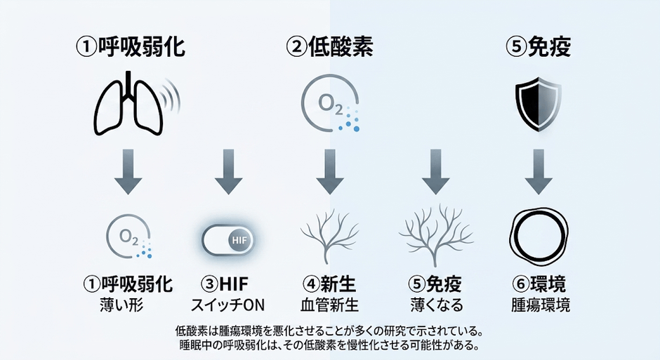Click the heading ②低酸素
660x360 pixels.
329,46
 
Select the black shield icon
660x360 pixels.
539,103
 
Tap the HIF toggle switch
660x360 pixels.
227,240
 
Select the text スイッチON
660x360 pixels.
227,305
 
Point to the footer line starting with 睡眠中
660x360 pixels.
329,345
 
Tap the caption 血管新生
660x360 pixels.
329,305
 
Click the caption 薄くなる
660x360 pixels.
437,305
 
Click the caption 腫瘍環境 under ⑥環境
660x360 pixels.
541,305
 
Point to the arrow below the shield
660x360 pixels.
539,172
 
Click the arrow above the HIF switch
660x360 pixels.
229,172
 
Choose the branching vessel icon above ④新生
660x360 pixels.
329,236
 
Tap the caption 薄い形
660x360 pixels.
121,305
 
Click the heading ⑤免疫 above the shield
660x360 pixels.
539,46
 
